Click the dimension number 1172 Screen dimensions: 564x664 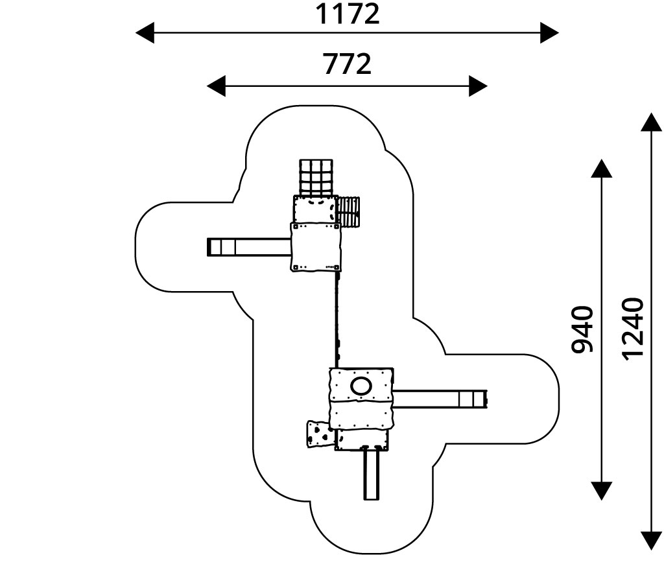click(347, 14)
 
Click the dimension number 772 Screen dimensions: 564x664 click(347, 64)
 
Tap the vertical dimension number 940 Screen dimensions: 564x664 click(582, 329)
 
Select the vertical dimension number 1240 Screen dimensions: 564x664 click(632, 327)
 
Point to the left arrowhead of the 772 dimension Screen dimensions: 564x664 click(215, 86)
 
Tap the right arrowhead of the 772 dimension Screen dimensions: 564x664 click(479, 86)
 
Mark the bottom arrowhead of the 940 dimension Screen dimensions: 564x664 click(602, 491)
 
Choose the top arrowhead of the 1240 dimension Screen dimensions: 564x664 click(650, 121)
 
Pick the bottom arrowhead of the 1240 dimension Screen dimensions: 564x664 click(650, 541)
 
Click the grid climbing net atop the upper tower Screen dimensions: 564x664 click(316, 178)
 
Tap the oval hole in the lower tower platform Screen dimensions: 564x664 click(361, 386)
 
